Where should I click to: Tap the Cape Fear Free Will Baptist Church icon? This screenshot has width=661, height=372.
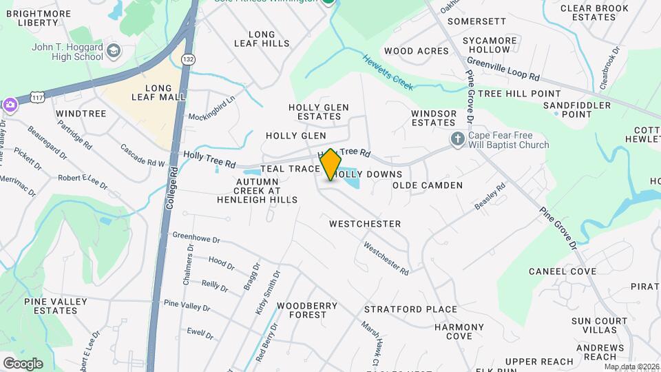[x=457, y=140]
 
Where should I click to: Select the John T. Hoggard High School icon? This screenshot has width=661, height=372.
[x=114, y=51]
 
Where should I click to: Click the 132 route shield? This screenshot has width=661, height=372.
[x=187, y=60]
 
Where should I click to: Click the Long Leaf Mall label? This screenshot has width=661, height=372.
[x=158, y=92]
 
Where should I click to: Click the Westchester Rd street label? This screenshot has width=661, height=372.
[x=386, y=257]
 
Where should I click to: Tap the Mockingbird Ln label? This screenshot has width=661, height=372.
[x=212, y=107]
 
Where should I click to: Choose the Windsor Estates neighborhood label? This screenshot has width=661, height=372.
[x=434, y=118]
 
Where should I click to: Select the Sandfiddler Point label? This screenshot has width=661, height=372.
[x=577, y=110]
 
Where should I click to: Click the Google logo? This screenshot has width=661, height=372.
[x=22, y=363]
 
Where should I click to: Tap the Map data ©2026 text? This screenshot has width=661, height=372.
[x=631, y=367]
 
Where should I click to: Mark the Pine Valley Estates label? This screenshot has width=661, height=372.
[x=56, y=306]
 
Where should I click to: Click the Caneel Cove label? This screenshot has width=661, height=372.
[x=563, y=271]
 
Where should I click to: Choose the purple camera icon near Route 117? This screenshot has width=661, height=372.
[x=10, y=105]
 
